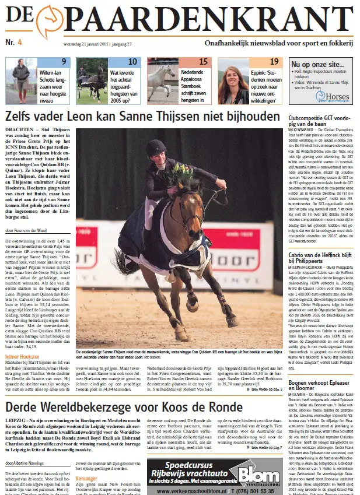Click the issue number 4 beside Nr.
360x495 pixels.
(19, 43)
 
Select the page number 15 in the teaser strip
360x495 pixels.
(204, 62)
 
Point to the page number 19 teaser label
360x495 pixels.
(274, 62)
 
